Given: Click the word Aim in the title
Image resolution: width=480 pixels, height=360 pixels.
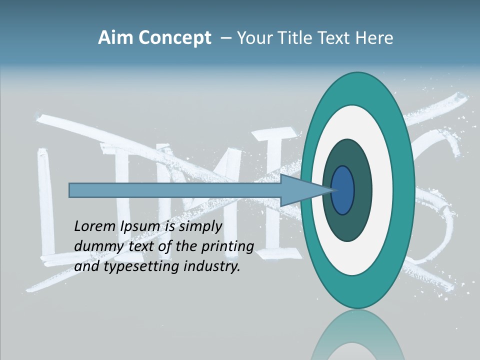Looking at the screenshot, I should pyautogui.click(x=115, y=38).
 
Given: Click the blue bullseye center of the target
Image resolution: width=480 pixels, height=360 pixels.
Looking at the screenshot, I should pyautogui.click(x=342, y=190).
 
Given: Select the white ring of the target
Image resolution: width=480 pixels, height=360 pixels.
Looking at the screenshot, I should pyautogui.click(x=382, y=190).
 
